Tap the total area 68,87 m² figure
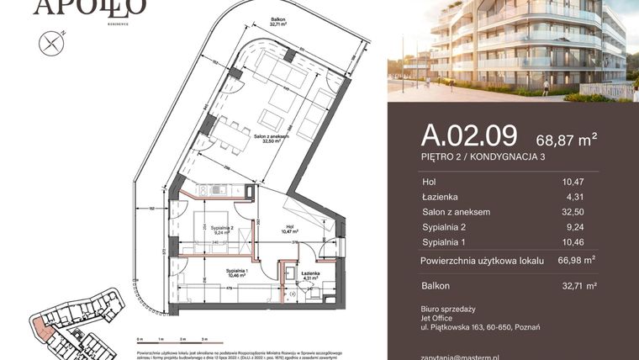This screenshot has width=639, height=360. [x=567, y=139]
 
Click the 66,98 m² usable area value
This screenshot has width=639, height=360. [x=577, y=261]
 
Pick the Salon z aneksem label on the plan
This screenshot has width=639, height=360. [x=271, y=137]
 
